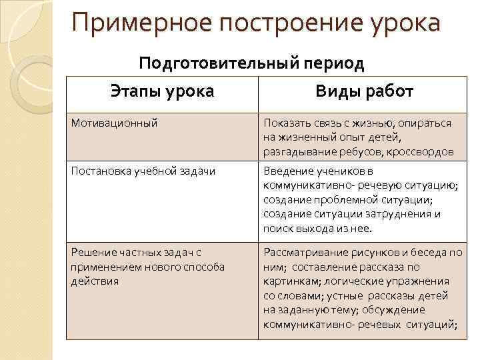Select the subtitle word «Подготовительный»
click(221, 64)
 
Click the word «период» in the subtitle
click(335, 64)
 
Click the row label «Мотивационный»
click(114, 123)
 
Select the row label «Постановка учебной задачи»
click(142, 171)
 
